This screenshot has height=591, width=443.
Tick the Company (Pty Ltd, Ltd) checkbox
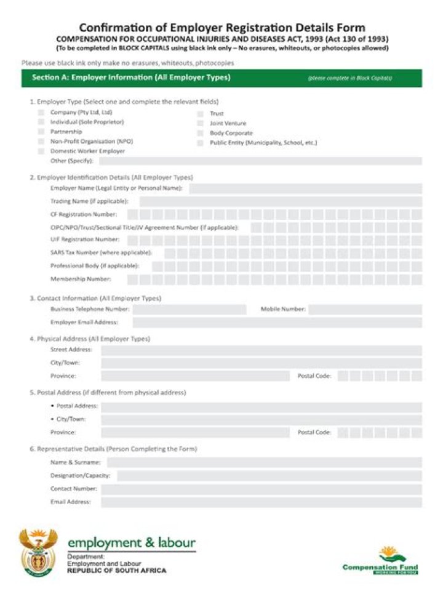coord(41,113)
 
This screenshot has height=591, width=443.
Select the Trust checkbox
coord(201,114)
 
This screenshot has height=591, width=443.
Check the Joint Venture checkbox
coord(201,123)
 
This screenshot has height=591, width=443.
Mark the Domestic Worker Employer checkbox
coord(41,151)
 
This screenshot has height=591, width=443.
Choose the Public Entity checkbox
coord(201,143)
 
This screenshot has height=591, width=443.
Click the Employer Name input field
coord(305,188)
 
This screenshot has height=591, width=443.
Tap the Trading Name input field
coord(281,201)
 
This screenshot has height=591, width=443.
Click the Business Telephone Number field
coord(189,309)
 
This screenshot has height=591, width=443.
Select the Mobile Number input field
coord(365,309)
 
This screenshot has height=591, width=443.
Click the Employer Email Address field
coord(277,322)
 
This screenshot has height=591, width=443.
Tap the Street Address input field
coord(261,350)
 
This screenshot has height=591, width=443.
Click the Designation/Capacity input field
coord(269,476)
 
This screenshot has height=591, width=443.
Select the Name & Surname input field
coord(265,462)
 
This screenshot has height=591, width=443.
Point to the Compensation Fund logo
coord(380,560)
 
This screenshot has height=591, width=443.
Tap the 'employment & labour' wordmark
coord(132,543)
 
